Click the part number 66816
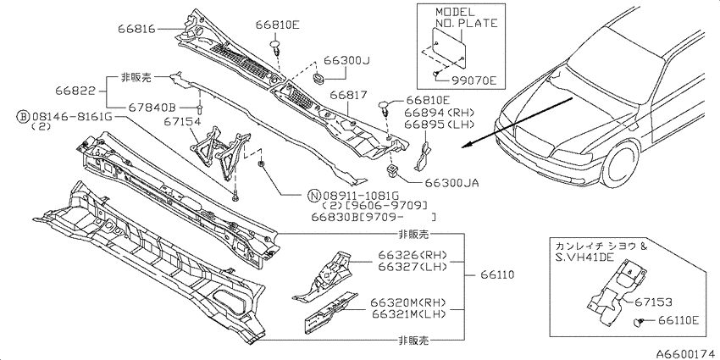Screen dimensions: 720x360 point(136,29)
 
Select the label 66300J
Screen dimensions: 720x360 point(347,61)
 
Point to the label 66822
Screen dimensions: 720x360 point(75,91)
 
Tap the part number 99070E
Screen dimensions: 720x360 point(474,80)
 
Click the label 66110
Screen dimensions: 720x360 point(498,275)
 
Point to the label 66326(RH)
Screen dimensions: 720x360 point(413,255)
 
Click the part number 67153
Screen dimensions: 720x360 point(653,302)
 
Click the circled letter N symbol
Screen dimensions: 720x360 point(311,194)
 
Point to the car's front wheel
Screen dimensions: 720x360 point(620,163)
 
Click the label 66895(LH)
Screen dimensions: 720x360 point(439,124)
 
